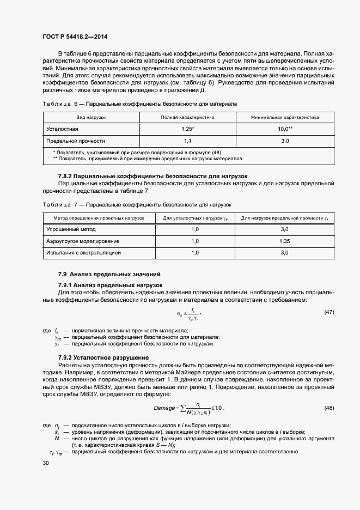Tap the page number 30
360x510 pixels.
coord(46,463)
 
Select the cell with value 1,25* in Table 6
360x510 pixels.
coord(187,129)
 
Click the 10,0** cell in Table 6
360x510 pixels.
coord(284,129)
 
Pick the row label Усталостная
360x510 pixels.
coord(62,129)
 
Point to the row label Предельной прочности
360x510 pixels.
coord(75,141)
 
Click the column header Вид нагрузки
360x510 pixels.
coord(91,117)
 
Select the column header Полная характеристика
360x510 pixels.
coord(187,117)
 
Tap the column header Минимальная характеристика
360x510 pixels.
coord(284,117)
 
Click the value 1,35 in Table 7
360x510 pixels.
coord(284,241)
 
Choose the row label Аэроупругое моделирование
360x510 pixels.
coord(83,241)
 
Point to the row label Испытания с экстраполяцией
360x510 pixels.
coord(83,253)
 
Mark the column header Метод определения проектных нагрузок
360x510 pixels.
coord(95,217)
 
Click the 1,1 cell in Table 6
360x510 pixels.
coord(187,141)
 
